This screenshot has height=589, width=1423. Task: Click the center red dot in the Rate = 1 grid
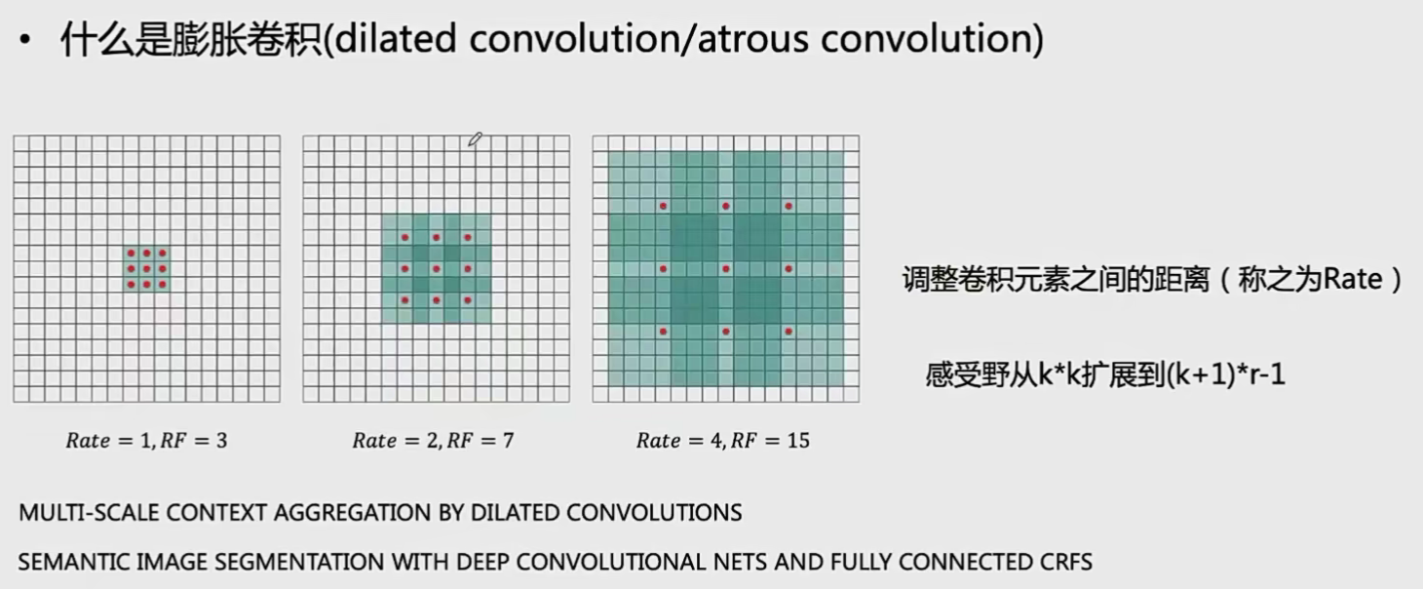[x=147, y=269]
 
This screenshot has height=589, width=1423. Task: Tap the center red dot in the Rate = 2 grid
[x=437, y=269]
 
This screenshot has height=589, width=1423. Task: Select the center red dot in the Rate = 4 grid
[x=725, y=269]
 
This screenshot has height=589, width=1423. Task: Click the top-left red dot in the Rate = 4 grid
[x=663, y=206]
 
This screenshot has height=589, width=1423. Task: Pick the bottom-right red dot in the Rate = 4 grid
[x=788, y=331]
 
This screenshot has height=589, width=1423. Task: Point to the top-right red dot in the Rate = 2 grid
[x=468, y=238]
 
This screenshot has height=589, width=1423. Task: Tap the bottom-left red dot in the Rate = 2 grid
[x=405, y=300]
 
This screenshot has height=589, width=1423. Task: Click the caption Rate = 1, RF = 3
[x=147, y=441]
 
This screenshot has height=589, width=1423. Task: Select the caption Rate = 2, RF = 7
[x=434, y=441]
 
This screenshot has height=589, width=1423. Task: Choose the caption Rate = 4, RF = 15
[x=723, y=441]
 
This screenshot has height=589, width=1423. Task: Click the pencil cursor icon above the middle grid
[x=475, y=139]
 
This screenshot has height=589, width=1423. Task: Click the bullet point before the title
[x=24, y=40]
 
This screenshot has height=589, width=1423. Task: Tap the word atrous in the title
[x=752, y=39]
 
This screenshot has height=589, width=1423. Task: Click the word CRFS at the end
[x=1066, y=563]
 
